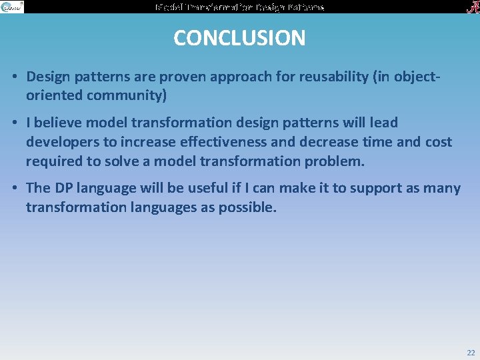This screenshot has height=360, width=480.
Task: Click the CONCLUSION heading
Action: [x=239, y=38]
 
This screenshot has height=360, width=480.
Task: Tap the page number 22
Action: [x=471, y=353]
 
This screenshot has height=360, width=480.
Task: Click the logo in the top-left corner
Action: [x=12, y=7]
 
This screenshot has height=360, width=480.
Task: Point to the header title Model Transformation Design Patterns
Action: [x=240, y=7]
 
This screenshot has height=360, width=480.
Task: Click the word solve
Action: [x=138, y=161]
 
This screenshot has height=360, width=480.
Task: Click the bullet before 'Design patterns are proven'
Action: [x=14, y=77]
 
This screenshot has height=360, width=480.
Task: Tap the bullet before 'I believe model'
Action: [x=14, y=123]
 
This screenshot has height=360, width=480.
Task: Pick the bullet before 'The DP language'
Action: [x=14, y=189]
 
